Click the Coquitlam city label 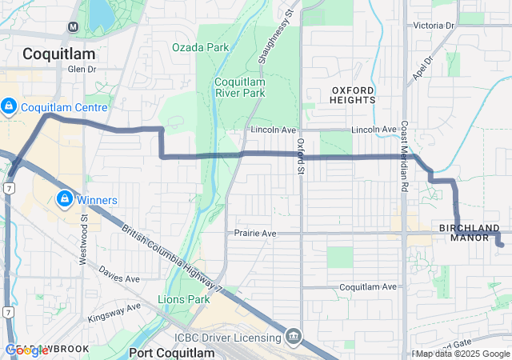click(x=59, y=54)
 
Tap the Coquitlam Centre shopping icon click(x=9, y=106)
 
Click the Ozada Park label click(x=200, y=47)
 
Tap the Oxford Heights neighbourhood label click(x=353, y=94)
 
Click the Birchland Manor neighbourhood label click(x=470, y=233)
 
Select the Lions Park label click(x=183, y=300)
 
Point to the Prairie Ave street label click(x=255, y=234)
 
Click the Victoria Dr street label click(x=434, y=26)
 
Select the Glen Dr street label click(x=82, y=70)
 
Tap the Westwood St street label click(x=84, y=227)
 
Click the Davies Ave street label click(x=119, y=278)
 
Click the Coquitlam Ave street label click(x=368, y=286)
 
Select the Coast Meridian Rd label click(x=405, y=155)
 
